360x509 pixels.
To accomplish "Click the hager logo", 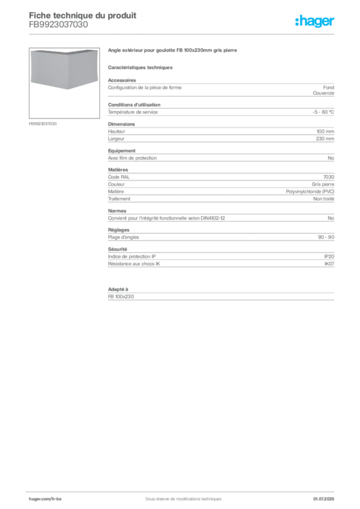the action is click(x=314, y=21).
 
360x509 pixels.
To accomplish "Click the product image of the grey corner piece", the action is click(x=64, y=69).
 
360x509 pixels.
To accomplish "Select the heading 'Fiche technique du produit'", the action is click(x=83, y=15).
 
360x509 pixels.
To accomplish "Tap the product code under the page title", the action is click(x=59, y=25).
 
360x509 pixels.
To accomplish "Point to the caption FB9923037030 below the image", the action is click(x=43, y=124).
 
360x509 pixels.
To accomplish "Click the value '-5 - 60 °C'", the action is click(x=323, y=112).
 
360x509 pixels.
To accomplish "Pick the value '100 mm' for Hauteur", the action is click(x=325, y=131).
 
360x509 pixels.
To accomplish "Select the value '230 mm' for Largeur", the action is click(x=325, y=139).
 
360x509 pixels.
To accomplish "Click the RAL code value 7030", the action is click(x=329, y=177).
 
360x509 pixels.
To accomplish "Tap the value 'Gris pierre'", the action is click(x=323, y=184).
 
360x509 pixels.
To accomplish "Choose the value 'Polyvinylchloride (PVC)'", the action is click(x=310, y=191).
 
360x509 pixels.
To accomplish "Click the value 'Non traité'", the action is click(x=324, y=199).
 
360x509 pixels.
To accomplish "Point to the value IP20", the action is click(x=329, y=256).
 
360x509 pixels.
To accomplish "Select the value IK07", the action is click(x=329, y=263).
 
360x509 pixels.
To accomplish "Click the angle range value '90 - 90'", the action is click(x=326, y=237).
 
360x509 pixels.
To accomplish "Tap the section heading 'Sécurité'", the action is click(x=117, y=250).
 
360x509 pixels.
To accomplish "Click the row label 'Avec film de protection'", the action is click(x=132, y=158).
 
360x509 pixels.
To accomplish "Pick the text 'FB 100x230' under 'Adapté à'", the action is click(x=121, y=296).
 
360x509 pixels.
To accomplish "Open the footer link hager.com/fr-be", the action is click(x=45, y=499).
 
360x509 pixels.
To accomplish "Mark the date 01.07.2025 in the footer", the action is click(x=324, y=499).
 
